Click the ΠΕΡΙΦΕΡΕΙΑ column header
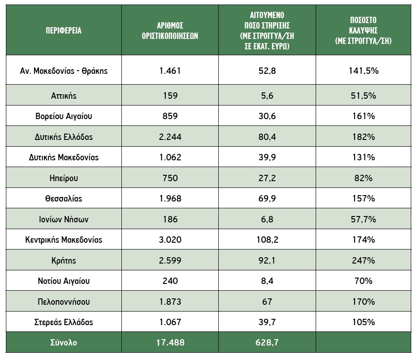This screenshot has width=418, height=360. click(63, 31)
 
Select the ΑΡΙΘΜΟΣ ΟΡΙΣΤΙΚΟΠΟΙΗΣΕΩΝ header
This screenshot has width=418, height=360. click(170, 31)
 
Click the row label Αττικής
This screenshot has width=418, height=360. click(64, 96)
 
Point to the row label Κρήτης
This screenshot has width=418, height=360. click(64, 260)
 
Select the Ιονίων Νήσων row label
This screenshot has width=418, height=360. click(64, 219)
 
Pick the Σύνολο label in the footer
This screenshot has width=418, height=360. click(64, 342)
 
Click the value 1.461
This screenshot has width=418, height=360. click(170, 71)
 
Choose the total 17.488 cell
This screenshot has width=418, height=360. click(170, 342)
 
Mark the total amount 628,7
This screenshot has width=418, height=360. click(267, 342)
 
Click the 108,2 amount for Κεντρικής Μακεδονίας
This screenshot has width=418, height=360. click(267, 240)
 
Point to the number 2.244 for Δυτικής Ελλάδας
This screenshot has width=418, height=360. click(170, 137)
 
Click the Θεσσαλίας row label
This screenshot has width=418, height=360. click(64, 198)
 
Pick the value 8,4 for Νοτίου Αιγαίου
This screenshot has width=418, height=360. click(267, 281)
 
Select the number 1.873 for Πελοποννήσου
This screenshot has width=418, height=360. click(170, 302)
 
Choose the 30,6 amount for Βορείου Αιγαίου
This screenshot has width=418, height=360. click(267, 116)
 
